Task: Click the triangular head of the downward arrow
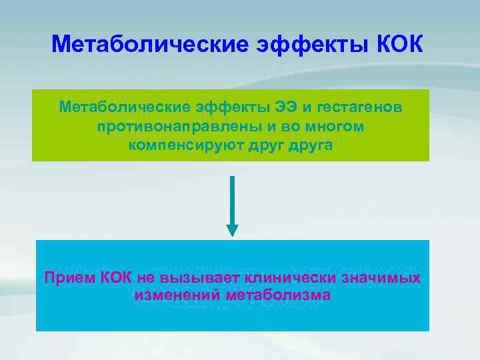(232, 230)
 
